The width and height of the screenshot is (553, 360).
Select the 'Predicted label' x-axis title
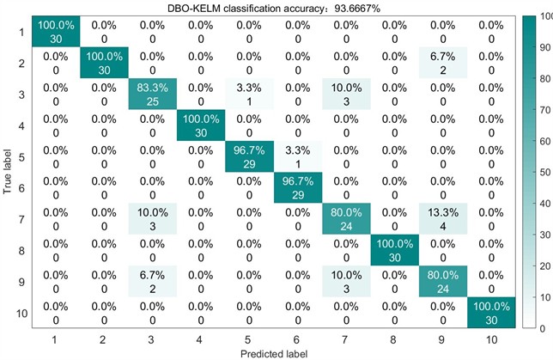click(x=275, y=352)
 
